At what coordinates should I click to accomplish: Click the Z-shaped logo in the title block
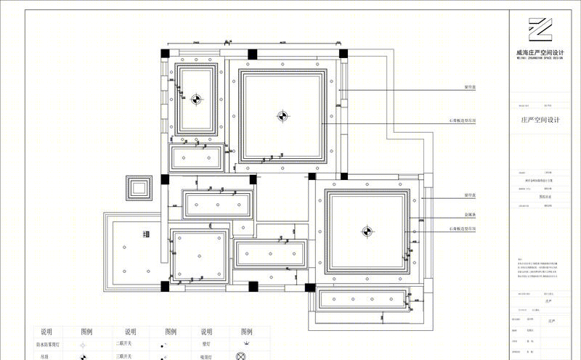tap(540, 31)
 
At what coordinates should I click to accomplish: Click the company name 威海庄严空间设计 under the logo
tap(540, 52)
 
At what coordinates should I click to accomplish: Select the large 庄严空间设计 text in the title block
tap(542, 120)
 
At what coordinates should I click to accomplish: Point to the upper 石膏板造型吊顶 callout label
tap(463, 120)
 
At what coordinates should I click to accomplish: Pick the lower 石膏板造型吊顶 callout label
tap(463, 230)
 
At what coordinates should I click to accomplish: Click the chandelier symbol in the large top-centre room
tap(282, 115)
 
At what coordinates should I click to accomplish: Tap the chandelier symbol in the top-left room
tap(195, 99)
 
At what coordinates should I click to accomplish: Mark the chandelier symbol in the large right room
tap(366, 232)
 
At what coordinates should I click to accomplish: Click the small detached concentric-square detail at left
tap(138, 188)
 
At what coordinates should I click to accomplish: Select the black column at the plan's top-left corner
tap(166, 53)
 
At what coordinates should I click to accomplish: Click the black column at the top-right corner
tap(343, 53)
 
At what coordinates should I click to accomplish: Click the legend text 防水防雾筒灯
tap(46, 344)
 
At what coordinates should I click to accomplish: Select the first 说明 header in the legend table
tap(46, 332)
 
